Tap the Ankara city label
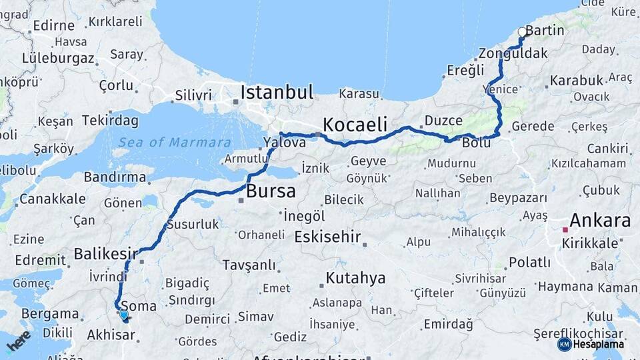(599, 221)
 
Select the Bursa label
(271, 192)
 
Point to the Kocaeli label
(355, 124)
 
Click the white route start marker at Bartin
(522, 31)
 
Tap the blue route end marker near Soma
(123, 315)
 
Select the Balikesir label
(105, 253)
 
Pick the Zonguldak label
(513, 53)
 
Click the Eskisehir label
(327, 237)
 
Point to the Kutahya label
(355, 278)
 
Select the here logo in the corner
(19, 341)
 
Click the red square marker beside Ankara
(565, 230)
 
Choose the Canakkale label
(52, 199)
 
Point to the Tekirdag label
(110, 121)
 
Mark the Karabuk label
(576, 81)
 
